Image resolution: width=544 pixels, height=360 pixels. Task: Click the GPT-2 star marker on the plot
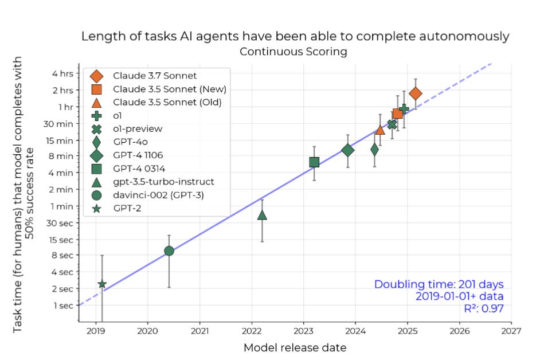pos(102,284)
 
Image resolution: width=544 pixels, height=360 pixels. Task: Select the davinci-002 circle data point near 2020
pos(169,251)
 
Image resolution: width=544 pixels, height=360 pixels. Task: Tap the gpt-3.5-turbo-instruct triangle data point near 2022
pos(262,215)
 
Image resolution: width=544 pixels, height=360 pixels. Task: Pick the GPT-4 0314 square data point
pos(314,162)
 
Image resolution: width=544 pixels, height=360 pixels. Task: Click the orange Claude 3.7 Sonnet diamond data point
pos(416,93)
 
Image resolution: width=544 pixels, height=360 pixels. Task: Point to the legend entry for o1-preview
pos(138,128)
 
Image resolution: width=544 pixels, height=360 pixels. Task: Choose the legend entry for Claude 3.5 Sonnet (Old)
pos(167,102)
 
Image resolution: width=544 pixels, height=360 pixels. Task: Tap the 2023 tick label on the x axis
pos(304,331)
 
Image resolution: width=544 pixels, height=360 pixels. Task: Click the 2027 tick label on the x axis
pos(511,331)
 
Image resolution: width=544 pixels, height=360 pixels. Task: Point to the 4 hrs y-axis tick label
pos(62,74)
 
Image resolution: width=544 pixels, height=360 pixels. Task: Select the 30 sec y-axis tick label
pos(60,222)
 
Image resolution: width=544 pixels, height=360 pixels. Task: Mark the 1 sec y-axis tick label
pos(63,305)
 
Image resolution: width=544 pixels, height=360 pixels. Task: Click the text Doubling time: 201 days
pos(439,284)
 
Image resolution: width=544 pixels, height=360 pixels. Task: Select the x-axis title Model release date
pos(295,347)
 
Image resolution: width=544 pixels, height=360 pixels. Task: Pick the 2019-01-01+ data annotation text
pos(459,297)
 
